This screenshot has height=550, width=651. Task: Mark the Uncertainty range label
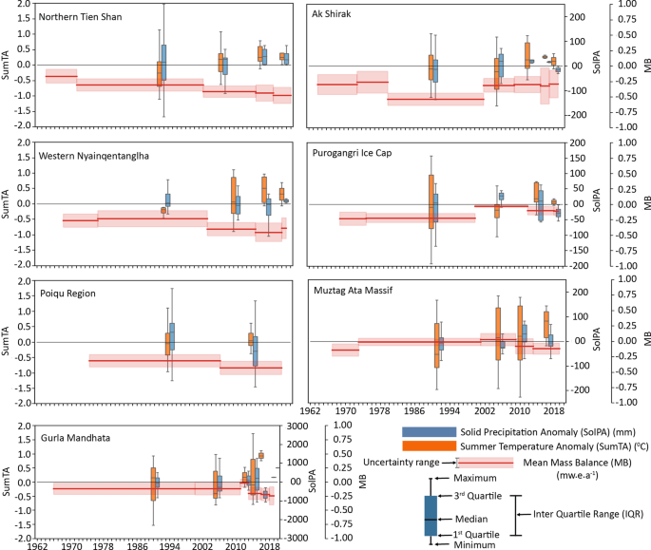click(401, 463)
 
